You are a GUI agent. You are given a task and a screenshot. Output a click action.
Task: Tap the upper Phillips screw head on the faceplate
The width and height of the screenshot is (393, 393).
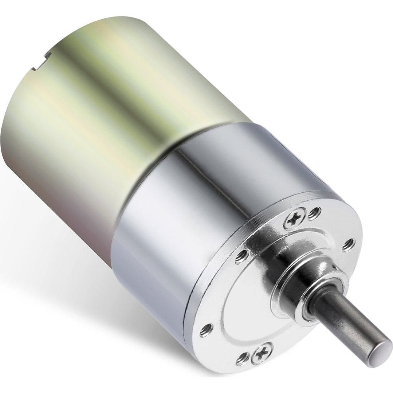[x=294, y=218]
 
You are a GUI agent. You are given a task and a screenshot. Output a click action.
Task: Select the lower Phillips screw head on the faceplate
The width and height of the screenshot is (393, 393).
[x=262, y=352]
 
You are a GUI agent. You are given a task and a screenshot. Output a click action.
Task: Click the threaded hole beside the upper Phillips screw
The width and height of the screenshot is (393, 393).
[x=314, y=213]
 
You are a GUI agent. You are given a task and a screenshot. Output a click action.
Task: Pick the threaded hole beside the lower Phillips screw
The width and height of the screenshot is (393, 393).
[x=242, y=358]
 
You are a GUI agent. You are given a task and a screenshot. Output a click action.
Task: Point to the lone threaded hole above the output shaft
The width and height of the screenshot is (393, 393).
[x=349, y=244]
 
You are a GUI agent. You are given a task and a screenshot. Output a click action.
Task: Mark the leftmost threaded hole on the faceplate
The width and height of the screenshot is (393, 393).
[x=206, y=330]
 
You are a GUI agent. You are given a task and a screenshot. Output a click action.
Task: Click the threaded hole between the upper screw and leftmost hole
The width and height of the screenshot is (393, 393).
[x=242, y=256]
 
